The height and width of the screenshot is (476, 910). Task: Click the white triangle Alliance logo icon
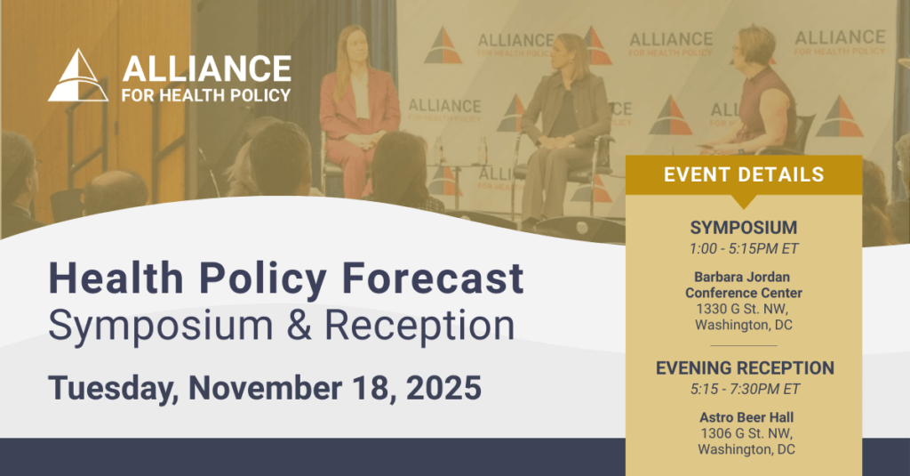click(78, 76)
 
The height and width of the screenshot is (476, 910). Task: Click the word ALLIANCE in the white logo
click(206, 69)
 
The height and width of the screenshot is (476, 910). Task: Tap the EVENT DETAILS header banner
click(744, 175)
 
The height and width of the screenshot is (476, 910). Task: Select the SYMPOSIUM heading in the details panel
click(744, 227)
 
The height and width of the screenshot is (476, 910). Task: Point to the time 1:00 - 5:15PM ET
click(744, 249)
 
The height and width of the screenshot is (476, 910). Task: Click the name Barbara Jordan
click(742, 278)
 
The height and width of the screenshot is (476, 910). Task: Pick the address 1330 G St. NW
click(742, 309)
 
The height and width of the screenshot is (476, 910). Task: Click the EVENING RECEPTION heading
click(745, 367)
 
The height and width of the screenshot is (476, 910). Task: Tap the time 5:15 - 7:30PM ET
click(745, 390)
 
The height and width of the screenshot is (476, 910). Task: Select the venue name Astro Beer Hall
click(746, 417)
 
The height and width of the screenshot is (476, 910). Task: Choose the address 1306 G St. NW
click(746, 433)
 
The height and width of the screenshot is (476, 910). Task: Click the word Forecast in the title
click(433, 278)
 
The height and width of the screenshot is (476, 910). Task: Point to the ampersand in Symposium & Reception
click(299, 325)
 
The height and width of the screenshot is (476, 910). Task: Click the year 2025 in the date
click(443, 388)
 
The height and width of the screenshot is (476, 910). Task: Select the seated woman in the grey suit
click(563, 128)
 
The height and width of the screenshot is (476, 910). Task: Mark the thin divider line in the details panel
click(744, 346)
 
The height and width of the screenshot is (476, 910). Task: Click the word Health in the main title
click(116, 278)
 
